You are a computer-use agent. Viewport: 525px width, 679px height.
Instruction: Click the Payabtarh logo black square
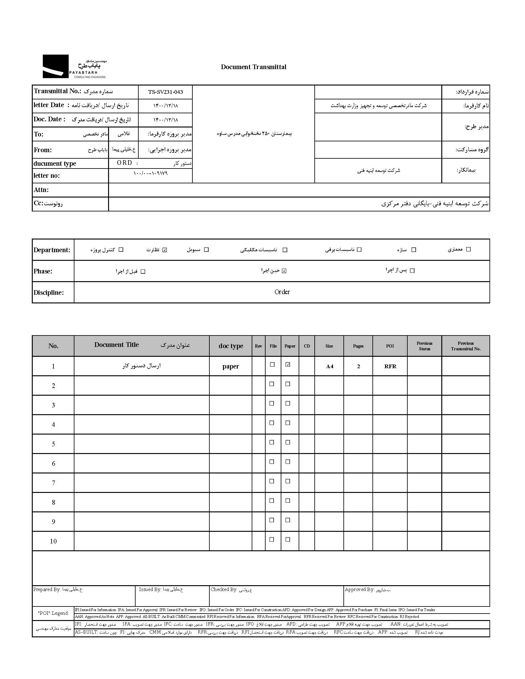point(55,66)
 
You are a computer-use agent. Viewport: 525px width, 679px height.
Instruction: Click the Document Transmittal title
point(254,67)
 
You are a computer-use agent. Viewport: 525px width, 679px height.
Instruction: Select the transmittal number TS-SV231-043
point(166,92)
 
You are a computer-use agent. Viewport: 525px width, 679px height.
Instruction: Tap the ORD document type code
point(124,163)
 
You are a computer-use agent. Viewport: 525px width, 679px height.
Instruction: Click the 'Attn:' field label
point(41,190)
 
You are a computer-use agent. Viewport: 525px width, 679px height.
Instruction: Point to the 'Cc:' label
point(39,203)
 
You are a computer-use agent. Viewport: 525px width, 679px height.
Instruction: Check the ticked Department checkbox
point(165,250)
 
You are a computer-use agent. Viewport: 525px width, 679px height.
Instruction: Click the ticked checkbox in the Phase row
point(284,271)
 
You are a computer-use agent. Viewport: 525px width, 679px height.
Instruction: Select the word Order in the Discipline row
point(282,292)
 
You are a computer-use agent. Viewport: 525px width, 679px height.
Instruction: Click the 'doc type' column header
point(231,346)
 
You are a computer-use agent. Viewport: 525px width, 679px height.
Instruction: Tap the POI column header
point(390,346)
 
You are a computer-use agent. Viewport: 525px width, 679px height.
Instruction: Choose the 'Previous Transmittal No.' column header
point(466,346)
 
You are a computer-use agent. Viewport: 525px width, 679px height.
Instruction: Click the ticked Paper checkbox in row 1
point(288,365)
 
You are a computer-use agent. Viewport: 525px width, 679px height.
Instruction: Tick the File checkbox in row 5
point(272,442)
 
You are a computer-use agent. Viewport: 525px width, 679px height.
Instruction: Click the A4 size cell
point(330,367)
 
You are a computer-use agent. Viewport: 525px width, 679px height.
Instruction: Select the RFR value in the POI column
point(390,367)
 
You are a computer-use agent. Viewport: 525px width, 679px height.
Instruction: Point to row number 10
point(53,541)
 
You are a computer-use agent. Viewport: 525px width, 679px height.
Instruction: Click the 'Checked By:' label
point(224,589)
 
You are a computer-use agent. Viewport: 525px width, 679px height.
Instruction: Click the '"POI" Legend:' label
point(53,613)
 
